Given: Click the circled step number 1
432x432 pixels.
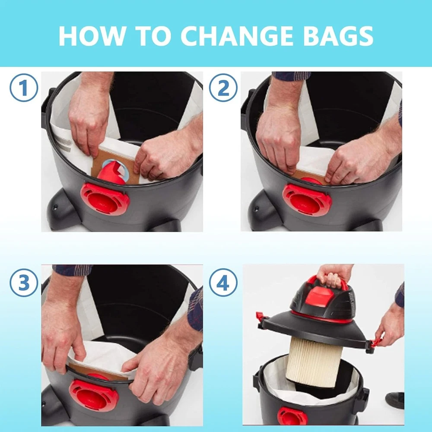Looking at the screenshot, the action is [x=24, y=88].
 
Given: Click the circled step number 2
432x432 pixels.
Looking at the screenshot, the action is [x=223, y=88].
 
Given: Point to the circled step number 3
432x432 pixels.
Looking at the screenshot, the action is [x=24, y=283].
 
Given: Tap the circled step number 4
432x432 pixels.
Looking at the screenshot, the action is [x=223, y=283].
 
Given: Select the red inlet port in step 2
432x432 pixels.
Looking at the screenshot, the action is [x=307, y=200].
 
